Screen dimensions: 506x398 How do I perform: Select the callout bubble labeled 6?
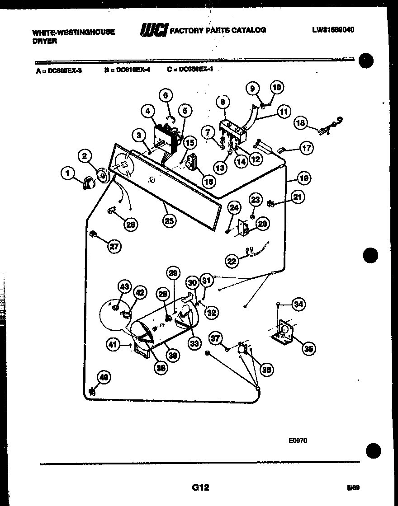(166, 95)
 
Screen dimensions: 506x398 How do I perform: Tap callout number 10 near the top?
(276, 87)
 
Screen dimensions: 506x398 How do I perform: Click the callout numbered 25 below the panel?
(171, 220)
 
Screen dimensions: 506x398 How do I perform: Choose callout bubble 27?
(114, 246)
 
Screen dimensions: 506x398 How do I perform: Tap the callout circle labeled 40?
(104, 377)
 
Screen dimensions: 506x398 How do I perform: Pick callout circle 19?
(303, 178)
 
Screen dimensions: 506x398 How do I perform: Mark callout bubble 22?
(232, 261)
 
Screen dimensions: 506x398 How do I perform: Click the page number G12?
(200, 487)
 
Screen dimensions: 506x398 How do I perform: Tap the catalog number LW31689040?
(333, 30)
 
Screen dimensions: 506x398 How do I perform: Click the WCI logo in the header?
(154, 30)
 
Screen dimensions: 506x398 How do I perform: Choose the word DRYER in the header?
(44, 41)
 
